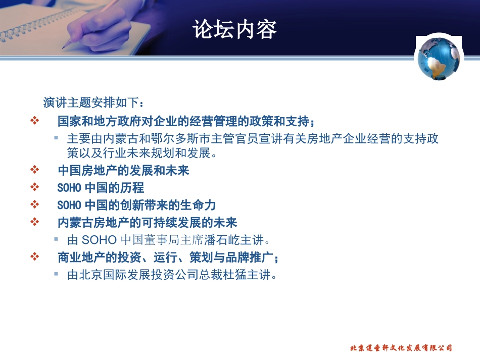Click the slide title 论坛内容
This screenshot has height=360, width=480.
pos(235,30)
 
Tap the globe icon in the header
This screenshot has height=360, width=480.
pos(439,58)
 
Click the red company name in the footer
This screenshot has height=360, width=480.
pos(401,348)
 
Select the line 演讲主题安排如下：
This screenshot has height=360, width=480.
pos(94,103)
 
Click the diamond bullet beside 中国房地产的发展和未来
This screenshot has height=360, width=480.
pos(35,170)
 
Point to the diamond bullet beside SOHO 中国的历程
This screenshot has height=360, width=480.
pos(35,187)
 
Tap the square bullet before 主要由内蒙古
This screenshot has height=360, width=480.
pos(57,138)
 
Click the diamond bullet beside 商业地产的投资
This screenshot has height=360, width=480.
pos(35,257)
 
